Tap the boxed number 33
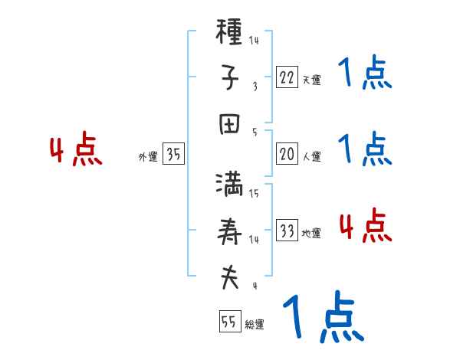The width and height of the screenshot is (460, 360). click(287, 231)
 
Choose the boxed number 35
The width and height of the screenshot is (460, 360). click(174, 155)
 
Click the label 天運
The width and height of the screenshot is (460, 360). click(311, 80)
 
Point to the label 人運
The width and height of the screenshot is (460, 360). click(311, 157)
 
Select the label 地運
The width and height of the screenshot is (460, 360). click(311, 234)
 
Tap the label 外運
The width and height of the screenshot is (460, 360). click(148, 157)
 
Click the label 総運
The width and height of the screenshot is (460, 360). click(255, 325)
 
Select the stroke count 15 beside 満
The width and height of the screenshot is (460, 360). click(254, 194)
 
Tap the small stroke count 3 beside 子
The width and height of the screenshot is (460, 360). click(255, 87)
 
